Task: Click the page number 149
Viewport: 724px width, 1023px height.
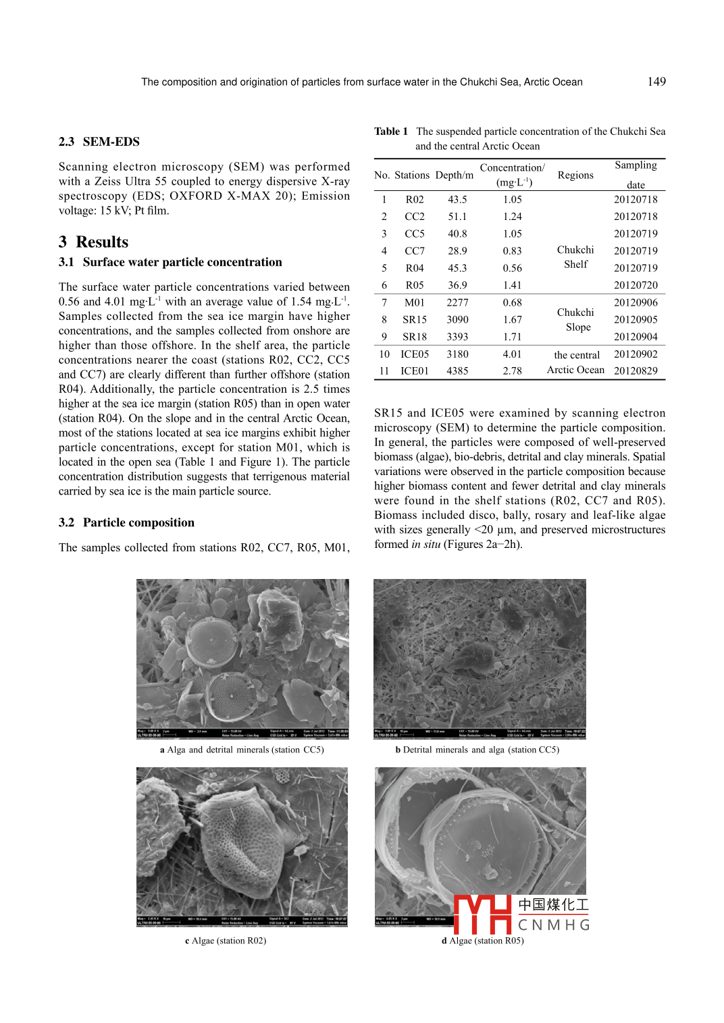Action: (x=656, y=82)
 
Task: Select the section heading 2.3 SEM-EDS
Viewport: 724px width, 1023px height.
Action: (x=99, y=142)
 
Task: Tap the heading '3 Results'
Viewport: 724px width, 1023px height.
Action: (x=93, y=242)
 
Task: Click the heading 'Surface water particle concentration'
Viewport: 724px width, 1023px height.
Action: (x=182, y=262)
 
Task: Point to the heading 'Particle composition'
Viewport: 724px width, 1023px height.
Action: (x=138, y=523)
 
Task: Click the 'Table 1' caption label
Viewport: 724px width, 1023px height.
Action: (x=391, y=132)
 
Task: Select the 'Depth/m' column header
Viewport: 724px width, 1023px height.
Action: (x=455, y=175)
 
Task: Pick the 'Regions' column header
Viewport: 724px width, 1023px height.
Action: (x=575, y=175)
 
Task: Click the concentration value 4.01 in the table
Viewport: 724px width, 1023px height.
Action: (x=512, y=354)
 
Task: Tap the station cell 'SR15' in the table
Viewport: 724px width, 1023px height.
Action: (x=415, y=320)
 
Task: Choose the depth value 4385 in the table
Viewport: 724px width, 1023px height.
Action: (x=457, y=371)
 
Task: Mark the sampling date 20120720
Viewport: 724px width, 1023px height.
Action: (x=636, y=285)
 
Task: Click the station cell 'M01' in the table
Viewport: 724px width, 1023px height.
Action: (x=415, y=303)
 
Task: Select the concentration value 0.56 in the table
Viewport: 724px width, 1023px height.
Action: (x=512, y=269)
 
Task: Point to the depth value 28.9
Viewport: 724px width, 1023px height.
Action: (x=457, y=251)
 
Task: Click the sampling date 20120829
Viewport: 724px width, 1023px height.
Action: (x=636, y=371)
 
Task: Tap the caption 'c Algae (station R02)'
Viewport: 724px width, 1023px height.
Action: (x=226, y=941)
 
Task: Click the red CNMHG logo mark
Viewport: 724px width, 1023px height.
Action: (x=482, y=914)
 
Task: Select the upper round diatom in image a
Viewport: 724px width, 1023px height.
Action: (x=211, y=638)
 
